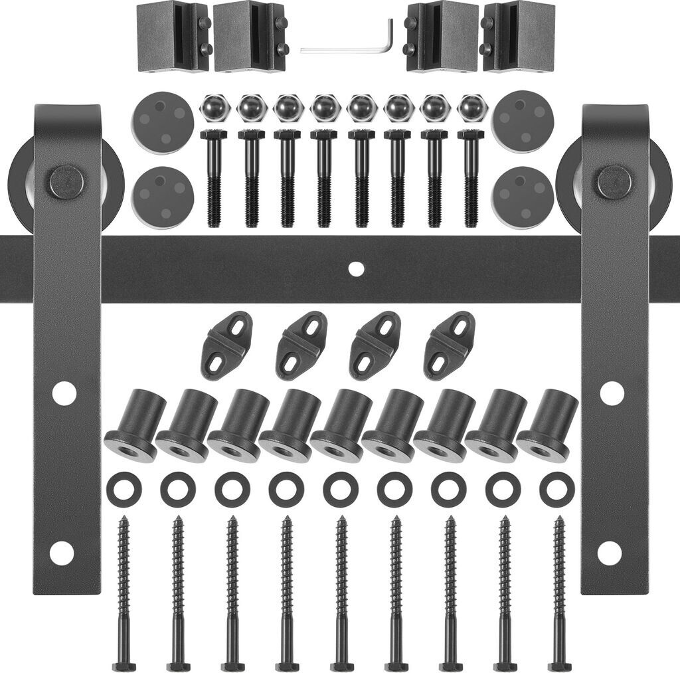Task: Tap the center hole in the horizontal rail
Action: pyautogui.click(x=357, y=269)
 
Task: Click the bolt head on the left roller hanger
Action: pyautogui.click(x=66, y=182)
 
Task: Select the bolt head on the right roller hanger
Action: pyautogui.click(x=614, y=182)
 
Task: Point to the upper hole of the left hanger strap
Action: pyautogui.click(x=64, y=393)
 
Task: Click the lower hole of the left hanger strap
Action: pyautogui.click(x=62, y=553)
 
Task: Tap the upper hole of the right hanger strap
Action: pyautogui.click(x=612, y=393)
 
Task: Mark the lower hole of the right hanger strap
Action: pyautogui.click(x=609, y=553)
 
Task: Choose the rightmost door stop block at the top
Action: pyautogui.click(x=519, y=36)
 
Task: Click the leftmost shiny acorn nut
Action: pyautogui.click(x=214, y=108)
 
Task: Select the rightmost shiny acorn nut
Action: pyautogui.click(x=471, y=108)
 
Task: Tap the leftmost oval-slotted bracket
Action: pyautogui.click(x=226, y=345)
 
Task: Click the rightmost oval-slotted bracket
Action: pyautogui.click(x=449, y=345)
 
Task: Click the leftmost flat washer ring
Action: pyautogui.click(x=124, y=490)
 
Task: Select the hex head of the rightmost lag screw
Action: pyautogui.click(x=559, y=666)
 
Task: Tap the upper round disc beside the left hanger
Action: pyautogui.click(x=163, y=122)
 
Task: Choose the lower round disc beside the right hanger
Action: pyautogui.click(x=523, y=197)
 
